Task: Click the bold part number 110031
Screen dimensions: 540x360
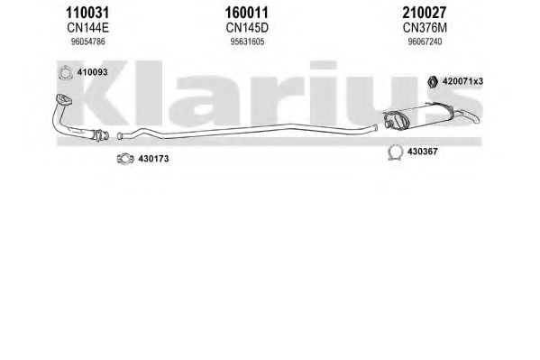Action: tap(87, 14)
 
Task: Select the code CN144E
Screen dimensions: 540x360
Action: tap(87, 28)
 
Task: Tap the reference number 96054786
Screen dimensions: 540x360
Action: tap(87, 42)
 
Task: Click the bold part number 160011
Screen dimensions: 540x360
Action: tap(247, 14)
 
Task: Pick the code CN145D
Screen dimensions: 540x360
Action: tap(247, 28)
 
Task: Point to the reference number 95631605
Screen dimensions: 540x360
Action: tap(247, 42)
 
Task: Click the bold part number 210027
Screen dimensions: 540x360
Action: tap(425, 14)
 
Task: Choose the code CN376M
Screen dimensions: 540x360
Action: tap(425, 28)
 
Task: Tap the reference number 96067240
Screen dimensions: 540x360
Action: tap(425, 42)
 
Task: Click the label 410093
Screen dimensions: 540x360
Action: tap(92, 72)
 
